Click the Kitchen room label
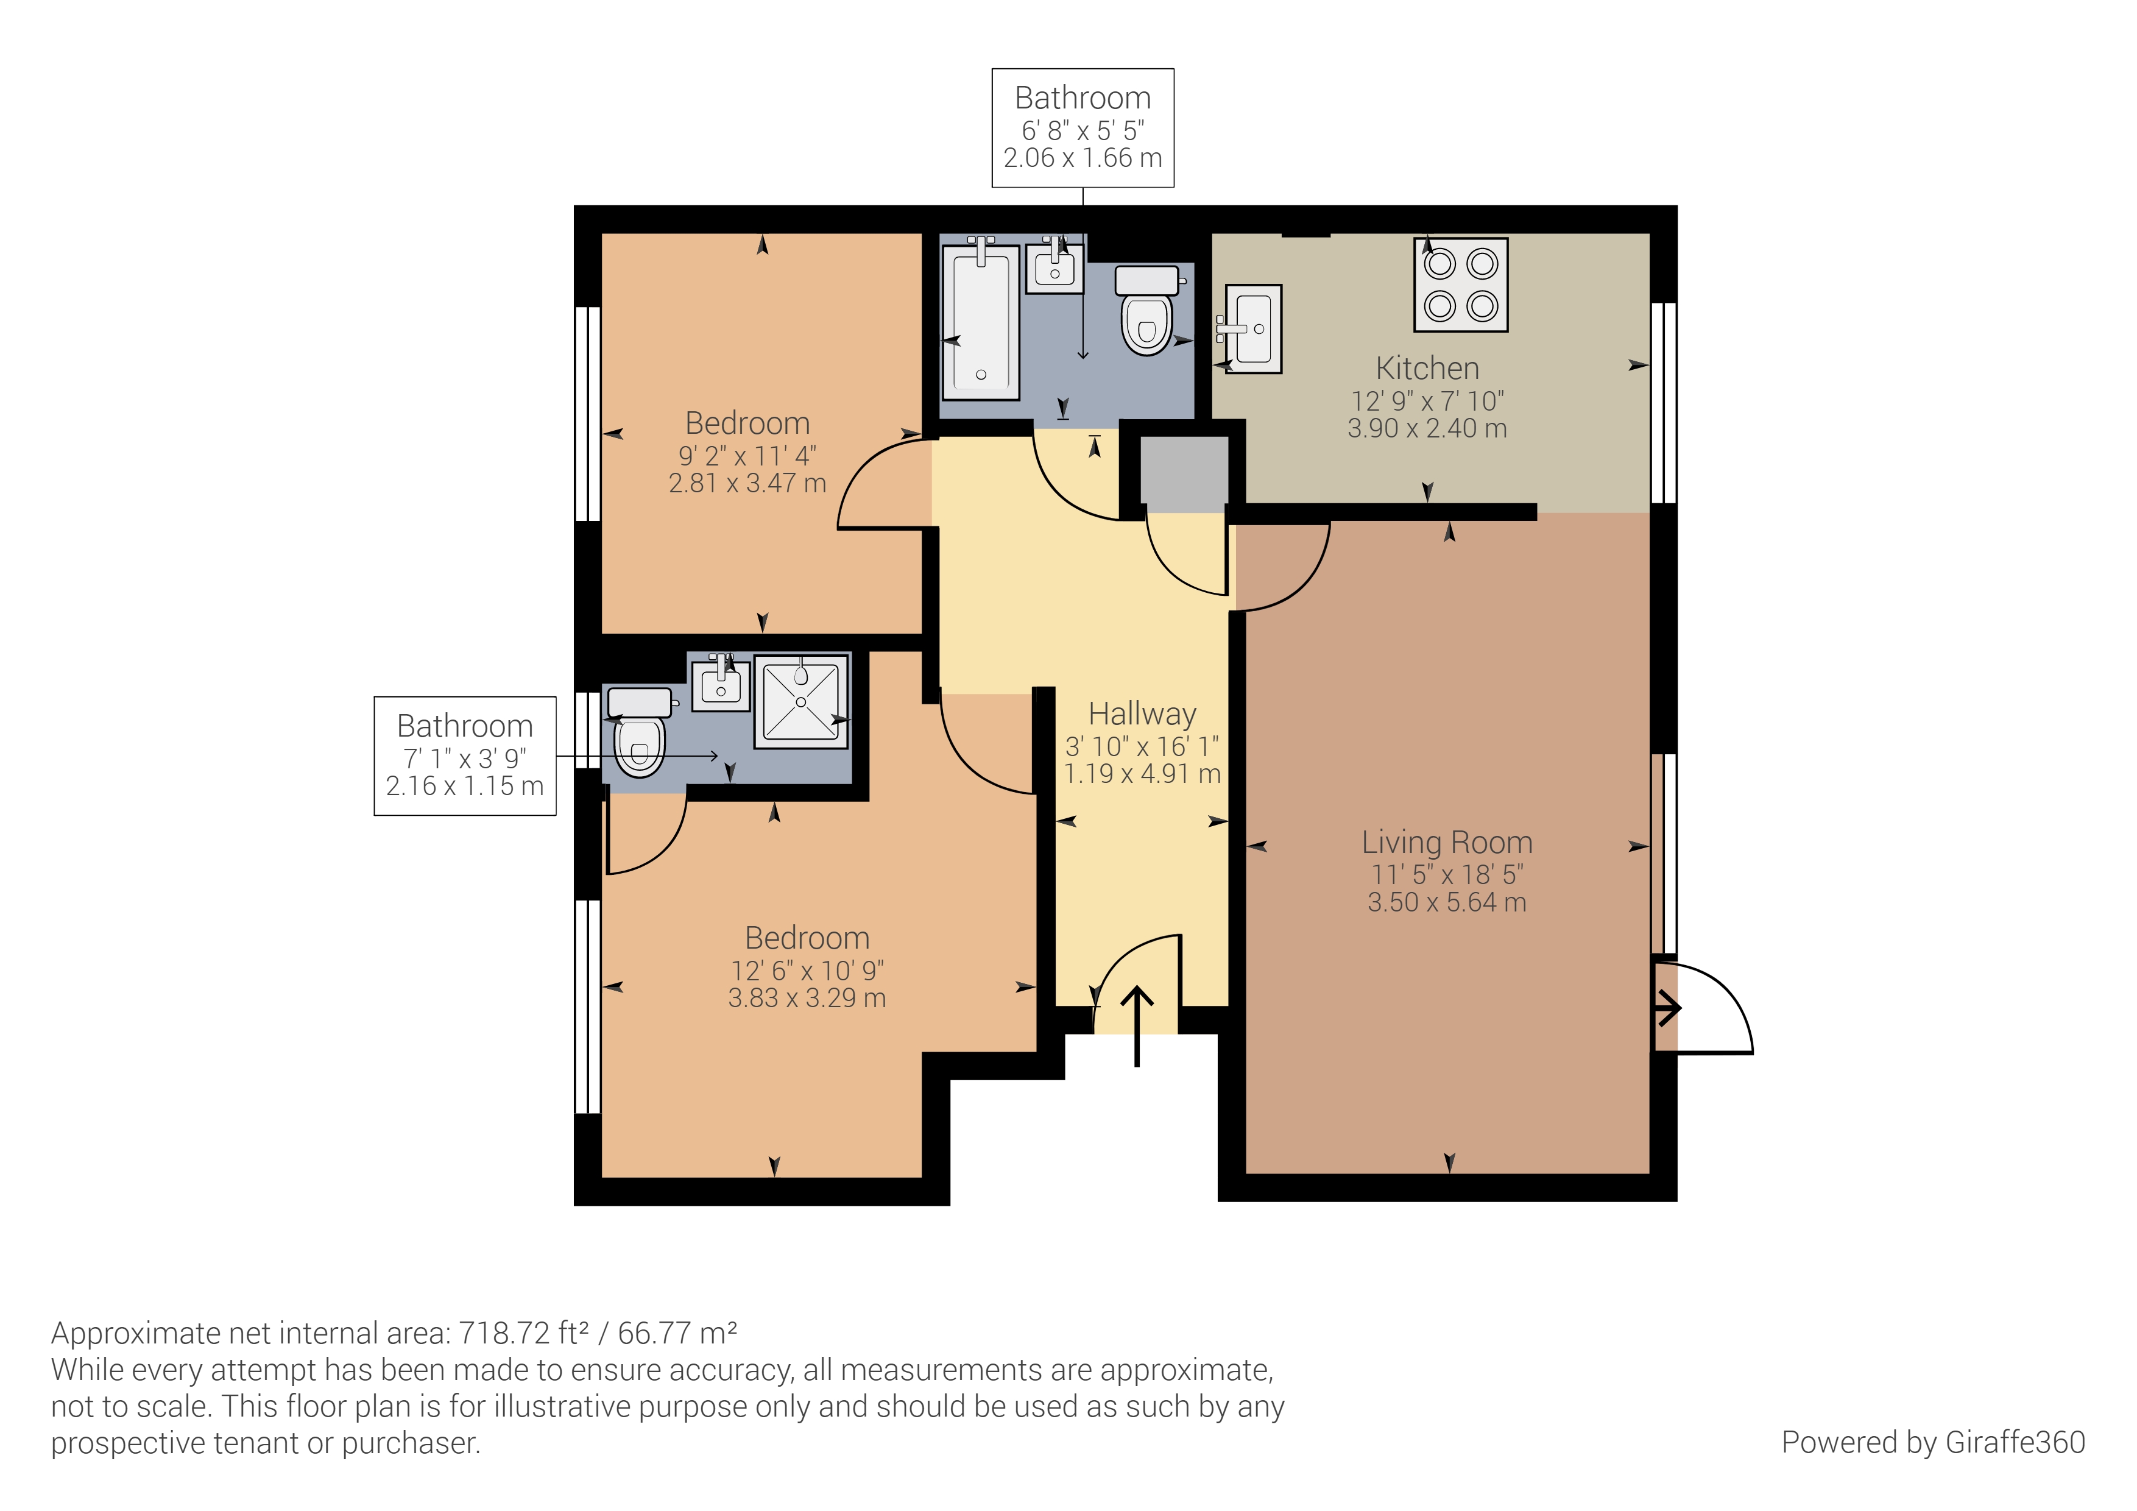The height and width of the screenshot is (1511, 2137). click(x=1427, y=369)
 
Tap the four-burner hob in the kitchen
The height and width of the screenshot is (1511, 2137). click(x=1460, y=285)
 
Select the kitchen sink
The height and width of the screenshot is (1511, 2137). click(x=1253, y=328)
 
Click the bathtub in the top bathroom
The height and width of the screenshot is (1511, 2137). click(x=981, y=321)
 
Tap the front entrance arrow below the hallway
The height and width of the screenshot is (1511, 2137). click(x=1137, y=1024)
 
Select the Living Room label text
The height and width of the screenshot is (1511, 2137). click(x=1446, y=843)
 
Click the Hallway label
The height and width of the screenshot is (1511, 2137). click(x=1142, y=714)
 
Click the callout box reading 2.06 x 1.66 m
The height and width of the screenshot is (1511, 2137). click(x=1083, y=129)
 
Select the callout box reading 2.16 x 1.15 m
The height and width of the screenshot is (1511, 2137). click(x=464, y=756)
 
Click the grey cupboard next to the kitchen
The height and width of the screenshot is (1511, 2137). click(x=1183, y=474)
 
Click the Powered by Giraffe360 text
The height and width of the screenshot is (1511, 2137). click(x=1932, y=1442)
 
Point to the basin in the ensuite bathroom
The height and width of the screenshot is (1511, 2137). click(x=721, y=684)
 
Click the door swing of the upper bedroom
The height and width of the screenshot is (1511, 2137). click(x=880, y=484)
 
